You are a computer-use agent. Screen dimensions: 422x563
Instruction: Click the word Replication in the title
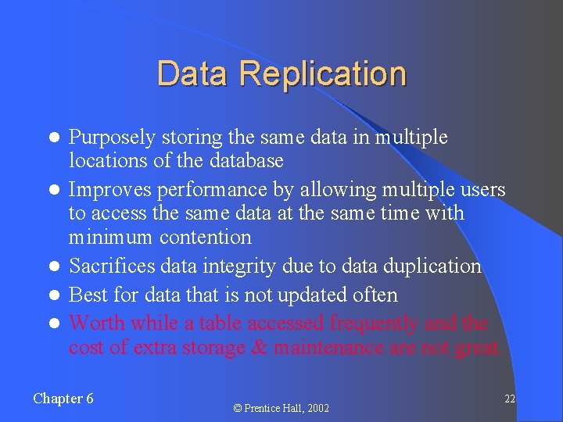point(323,74)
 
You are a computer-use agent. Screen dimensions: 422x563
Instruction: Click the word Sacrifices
point(112,266)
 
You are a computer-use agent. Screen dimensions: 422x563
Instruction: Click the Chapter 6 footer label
point(63,399)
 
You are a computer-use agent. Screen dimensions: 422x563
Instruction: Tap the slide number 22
point(509,399)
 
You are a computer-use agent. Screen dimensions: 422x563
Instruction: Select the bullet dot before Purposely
point(54,138)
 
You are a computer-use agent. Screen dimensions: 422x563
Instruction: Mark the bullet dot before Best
point(54,295)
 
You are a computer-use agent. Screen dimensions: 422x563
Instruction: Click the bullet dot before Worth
point(54,324)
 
